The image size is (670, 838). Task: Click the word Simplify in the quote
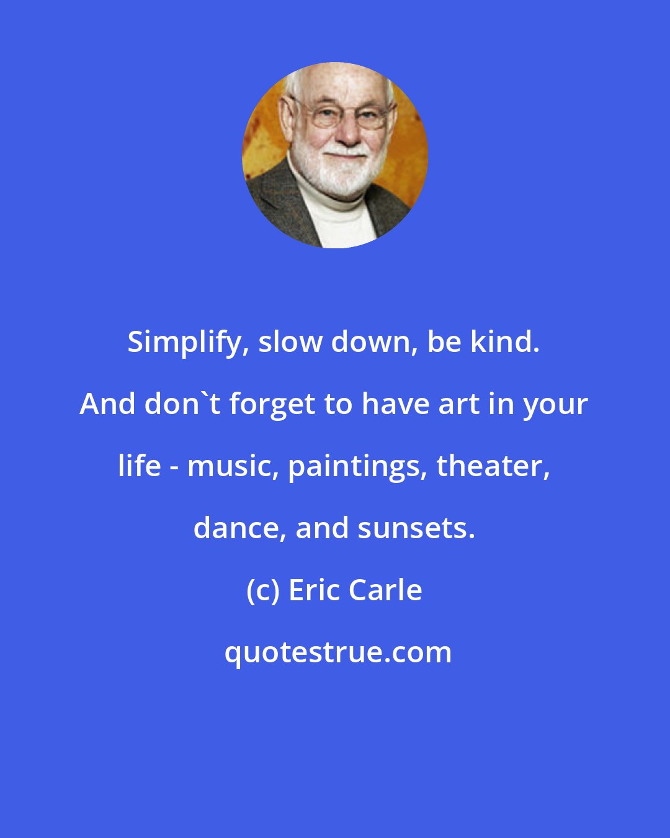coord(184,343)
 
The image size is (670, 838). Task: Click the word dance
coord(239,528)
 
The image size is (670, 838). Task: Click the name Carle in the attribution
coord(386,590)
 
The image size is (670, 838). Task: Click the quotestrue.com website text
coord(338,652)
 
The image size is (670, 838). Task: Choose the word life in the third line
coord(140,466)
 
